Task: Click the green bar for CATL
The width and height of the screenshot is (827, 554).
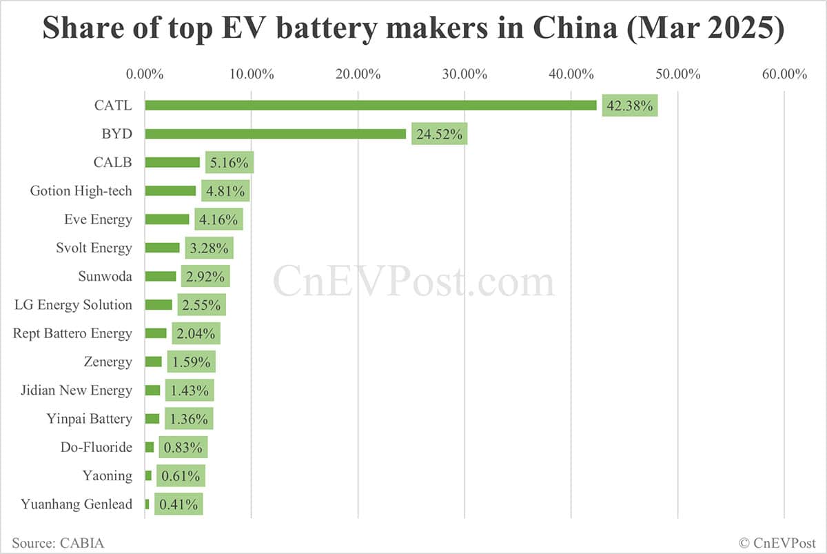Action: [370, 105]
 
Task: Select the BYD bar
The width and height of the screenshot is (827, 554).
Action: [275, 134]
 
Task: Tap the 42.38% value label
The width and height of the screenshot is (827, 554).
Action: [629, 106]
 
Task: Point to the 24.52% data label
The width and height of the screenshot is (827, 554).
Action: [439, 134]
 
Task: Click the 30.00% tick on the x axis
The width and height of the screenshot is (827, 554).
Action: [464, 74]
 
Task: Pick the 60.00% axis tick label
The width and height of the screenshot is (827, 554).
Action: [784, 74]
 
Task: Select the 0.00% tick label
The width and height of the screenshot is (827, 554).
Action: [145, 74]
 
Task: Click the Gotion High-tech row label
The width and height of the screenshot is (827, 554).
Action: [81, 191]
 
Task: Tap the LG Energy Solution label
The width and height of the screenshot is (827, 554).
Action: [73, 305]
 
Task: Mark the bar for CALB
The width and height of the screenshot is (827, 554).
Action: [172, 162]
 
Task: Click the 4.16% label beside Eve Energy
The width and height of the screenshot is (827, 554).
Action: [217, 219]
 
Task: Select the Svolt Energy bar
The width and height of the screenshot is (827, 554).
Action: [162, 248]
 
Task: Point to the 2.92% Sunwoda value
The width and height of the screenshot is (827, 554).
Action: [205, 277]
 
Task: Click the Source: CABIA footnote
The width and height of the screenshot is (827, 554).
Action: [58, 543]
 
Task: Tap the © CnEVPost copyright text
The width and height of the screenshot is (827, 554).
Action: [777, 543]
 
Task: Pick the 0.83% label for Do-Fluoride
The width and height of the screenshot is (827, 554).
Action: [183, 447]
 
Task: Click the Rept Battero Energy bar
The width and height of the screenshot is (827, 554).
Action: [156, 333]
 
